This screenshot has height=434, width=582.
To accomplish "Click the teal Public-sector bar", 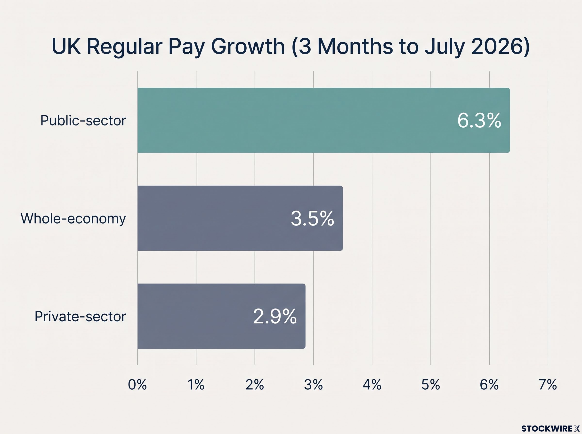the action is point(323,120).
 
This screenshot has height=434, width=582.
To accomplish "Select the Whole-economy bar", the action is point(240,218).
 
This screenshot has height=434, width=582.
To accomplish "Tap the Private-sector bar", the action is point(221,316).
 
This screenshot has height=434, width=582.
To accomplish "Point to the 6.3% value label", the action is point(479,121).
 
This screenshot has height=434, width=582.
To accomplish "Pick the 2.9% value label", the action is point(275,317).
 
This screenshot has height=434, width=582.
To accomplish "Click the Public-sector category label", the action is point(83,121).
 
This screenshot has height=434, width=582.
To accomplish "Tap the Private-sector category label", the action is point(80,317).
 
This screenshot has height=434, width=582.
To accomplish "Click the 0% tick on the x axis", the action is point(137,385).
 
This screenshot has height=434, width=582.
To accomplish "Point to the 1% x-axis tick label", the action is point(196,385).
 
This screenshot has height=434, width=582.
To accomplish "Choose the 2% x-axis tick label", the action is point(255,385).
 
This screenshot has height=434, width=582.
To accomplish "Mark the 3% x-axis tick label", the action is point(313,385).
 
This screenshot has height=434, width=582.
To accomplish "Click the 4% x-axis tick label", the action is point(372,385).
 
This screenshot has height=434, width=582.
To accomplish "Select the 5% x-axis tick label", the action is point(430,385).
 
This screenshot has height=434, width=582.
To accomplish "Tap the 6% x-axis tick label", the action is point(489,385).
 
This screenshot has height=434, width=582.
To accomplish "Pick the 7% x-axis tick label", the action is point(548,385).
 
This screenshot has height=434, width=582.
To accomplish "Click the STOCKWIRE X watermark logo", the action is point(550,428).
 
